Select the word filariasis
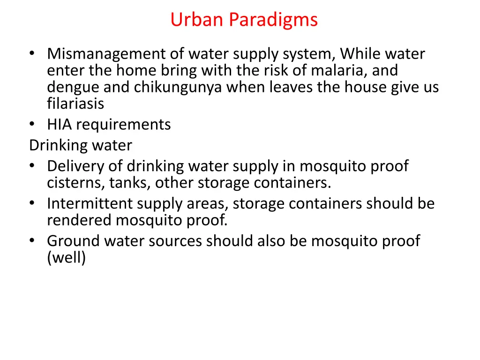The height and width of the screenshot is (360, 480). click(x=75, y=103)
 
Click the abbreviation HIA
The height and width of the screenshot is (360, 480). click(x=60, y=125)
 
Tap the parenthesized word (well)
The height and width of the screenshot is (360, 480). click(x=67, y=257)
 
